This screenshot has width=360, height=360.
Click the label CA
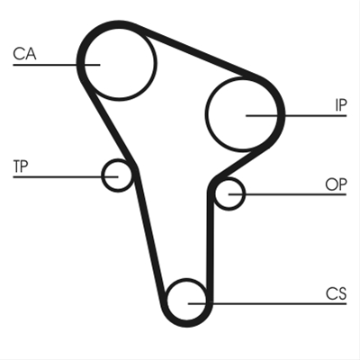click(24, 54)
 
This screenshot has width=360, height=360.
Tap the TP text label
click(21, 166)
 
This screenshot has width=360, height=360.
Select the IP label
click(341, 105)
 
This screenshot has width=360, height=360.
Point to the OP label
click(336, 184)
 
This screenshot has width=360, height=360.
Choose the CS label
click(337, 293)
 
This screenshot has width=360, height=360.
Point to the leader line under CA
click(57, 65)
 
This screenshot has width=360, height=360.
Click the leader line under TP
click(66, 177)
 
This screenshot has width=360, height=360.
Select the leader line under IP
click(296, 115)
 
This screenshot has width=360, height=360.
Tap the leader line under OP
click(287, 194)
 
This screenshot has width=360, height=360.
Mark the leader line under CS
click(267, 304)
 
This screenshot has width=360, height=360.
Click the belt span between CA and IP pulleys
click(196, 51)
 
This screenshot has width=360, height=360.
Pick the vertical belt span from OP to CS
click(210, 243)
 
